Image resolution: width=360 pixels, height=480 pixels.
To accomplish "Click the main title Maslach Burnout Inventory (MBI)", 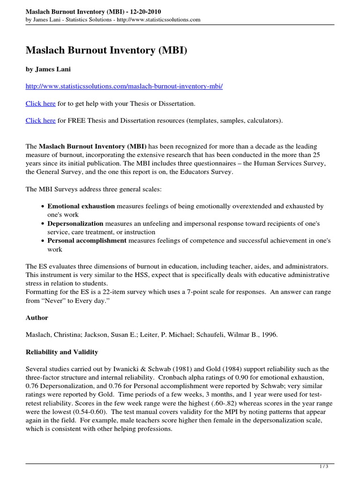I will [106, 50].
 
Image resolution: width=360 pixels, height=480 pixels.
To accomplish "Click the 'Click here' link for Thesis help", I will [41, 103].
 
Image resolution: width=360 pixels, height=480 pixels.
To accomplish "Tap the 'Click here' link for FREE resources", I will [41, 120].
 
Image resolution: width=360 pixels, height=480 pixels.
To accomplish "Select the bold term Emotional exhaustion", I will [81, 206].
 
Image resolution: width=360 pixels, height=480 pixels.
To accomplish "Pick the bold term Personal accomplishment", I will [87, 240].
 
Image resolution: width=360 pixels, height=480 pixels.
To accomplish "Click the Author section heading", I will [37, 318].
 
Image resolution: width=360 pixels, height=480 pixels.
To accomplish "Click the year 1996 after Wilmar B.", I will [268, 335].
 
